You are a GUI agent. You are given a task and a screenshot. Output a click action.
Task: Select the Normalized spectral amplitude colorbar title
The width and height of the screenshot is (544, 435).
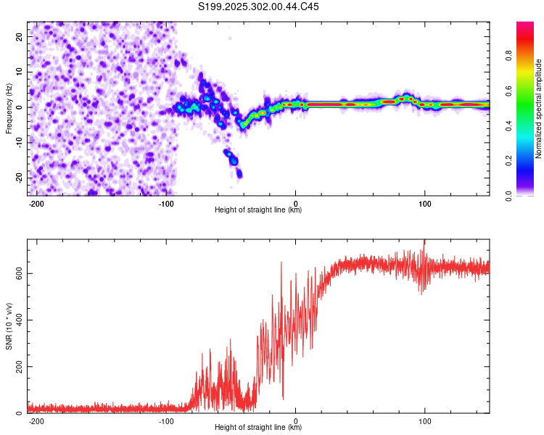pos(539,109)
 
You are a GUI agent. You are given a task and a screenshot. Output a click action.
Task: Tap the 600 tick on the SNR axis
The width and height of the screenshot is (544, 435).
pos(17,273)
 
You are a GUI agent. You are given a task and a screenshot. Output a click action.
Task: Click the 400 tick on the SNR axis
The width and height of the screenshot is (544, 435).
pos(17,320)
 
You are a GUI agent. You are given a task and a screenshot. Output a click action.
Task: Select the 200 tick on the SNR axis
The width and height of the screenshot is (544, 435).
pos(17,367)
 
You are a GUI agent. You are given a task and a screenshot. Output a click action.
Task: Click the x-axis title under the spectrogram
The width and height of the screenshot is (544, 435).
pos(258,210)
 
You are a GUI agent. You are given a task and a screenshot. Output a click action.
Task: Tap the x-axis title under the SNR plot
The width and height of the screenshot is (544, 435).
pos(258,428)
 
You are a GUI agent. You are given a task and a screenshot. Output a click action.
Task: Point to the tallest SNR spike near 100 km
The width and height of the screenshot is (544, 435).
pos(424,242)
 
